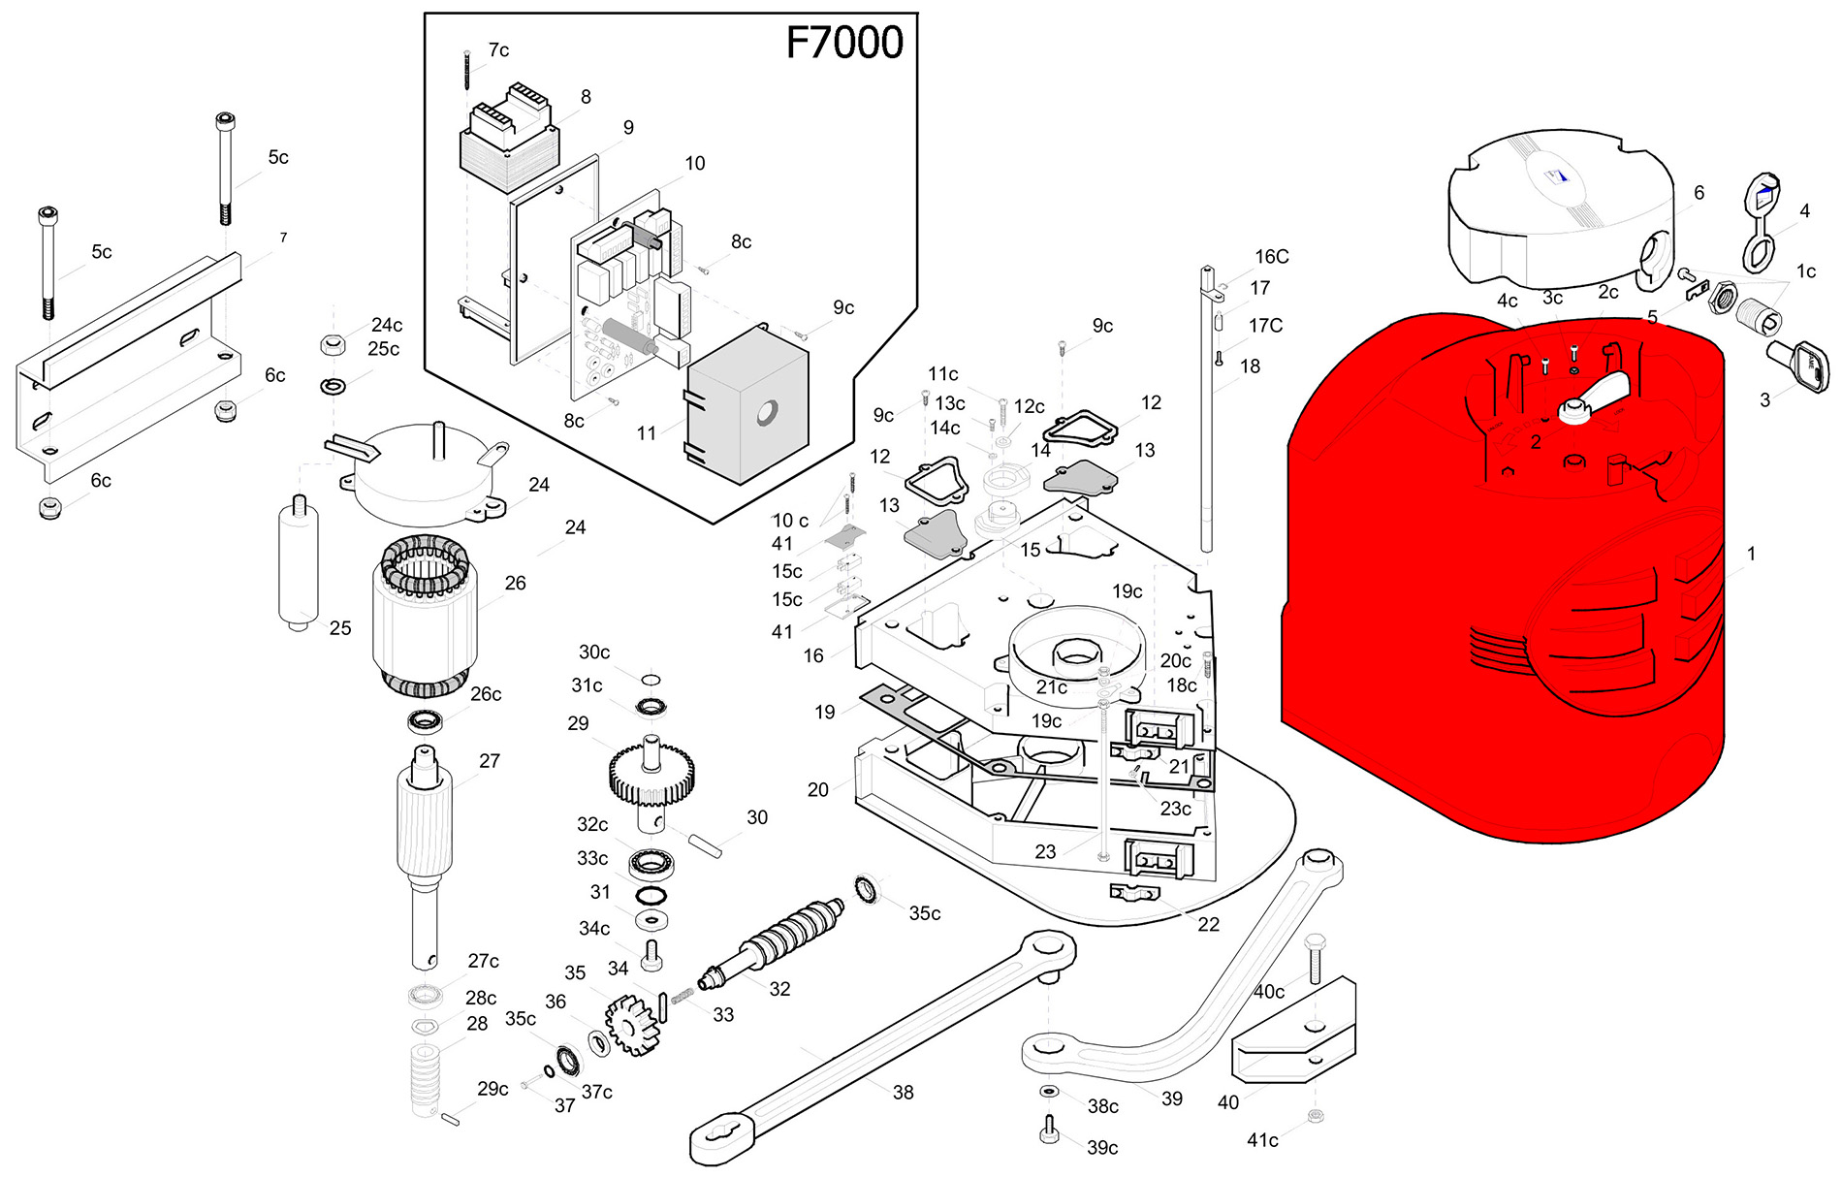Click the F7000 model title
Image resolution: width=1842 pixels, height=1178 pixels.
point(843,44)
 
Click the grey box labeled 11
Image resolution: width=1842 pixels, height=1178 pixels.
point(746,407)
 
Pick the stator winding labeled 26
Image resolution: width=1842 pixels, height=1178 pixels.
point(425,616)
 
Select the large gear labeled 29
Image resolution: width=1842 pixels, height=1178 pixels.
point(651,776)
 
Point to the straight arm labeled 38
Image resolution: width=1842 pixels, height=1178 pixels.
point(882,1047)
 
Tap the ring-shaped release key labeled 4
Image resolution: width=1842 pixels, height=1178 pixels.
point(1759,223)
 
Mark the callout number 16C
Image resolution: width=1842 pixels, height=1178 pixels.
point(1272,257)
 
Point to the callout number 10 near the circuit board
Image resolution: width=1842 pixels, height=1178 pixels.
point(695,164)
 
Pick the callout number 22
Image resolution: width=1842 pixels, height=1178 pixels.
point(1208,924)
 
